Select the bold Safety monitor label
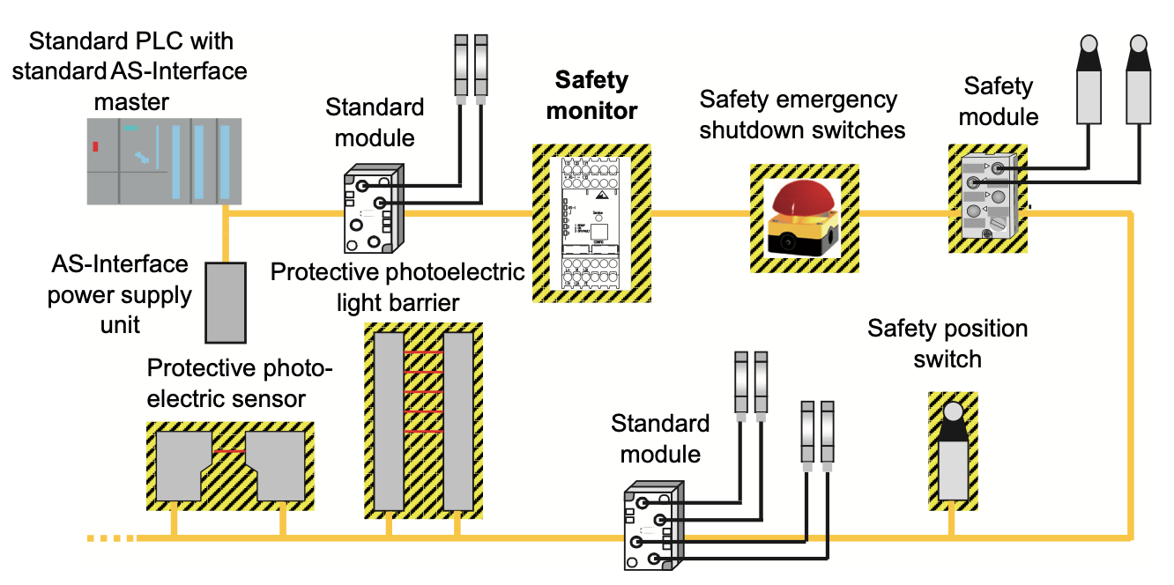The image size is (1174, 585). [591, 96]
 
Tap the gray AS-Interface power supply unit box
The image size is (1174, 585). [226, 301]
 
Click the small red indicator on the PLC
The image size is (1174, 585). [94, 147]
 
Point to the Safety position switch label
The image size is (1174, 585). [947, 344]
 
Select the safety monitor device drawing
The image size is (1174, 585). [591, 224]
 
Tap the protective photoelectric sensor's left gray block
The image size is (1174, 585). [182, 467]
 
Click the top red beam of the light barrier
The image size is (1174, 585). [423, 352]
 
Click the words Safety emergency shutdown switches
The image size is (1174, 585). [802, 115]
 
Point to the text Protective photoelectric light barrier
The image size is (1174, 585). [397, 287]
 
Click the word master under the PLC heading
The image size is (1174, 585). [131, 101]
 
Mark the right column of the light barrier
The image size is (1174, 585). [457, 421]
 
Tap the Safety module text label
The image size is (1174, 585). [999, 101]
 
